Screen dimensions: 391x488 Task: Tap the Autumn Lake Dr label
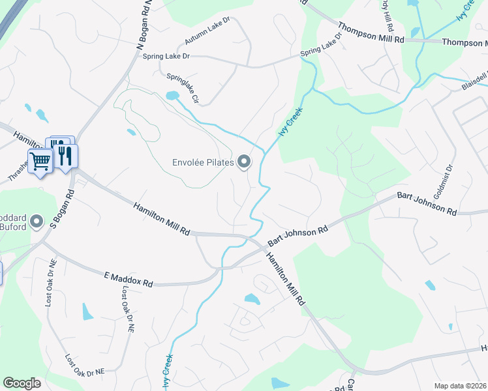pyautogui.click(x=207, y=31)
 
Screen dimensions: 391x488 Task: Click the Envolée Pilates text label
pyautogui.click(x=202, y=162)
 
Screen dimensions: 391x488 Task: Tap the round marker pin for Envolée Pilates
pyautogui.click(x=244, y=162)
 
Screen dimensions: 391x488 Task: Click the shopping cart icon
pyautogui.click(x=40, y=160)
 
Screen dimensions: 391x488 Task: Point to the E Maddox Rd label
pyautogui.click(x=128, y=280)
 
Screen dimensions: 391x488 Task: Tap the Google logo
pyautogui.click(x=22, y=383)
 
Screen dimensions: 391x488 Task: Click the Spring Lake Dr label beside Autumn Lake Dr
pyautogui.click(x=166, y=57)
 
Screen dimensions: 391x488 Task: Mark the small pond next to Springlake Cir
pyautogui.click(x=172, y=96)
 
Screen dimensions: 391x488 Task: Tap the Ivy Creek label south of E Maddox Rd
pyautogui.click(x=168, y=371)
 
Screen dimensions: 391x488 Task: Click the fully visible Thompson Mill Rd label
pyautogui.click(x=372, y=34)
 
